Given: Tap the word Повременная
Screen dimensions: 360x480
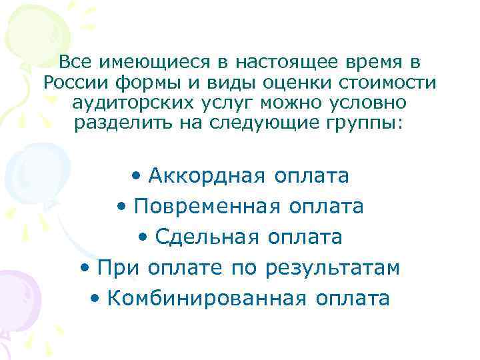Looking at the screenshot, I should tap(208, 207).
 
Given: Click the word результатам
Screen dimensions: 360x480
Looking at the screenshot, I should tap(333, 268).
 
